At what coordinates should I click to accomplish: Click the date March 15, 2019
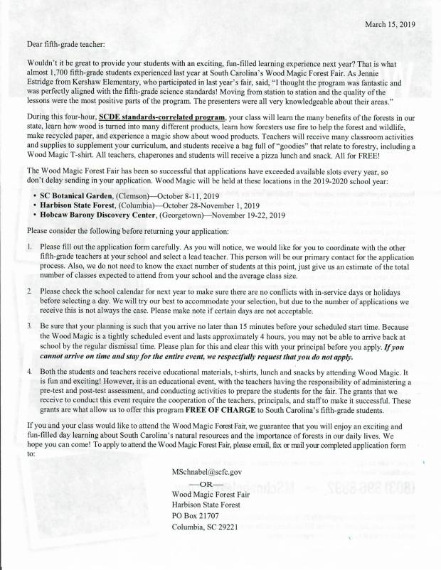[390, 24]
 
